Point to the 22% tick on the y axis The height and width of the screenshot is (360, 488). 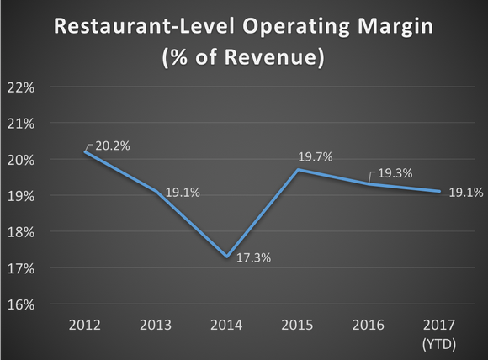(21, 87)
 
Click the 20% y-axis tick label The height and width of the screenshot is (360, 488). (21, 160)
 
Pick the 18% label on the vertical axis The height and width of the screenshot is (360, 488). (21, 232)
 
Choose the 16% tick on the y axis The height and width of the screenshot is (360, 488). (21, 304)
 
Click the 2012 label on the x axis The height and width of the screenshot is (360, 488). (87, 325)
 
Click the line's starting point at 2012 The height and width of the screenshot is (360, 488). (87, 151)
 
